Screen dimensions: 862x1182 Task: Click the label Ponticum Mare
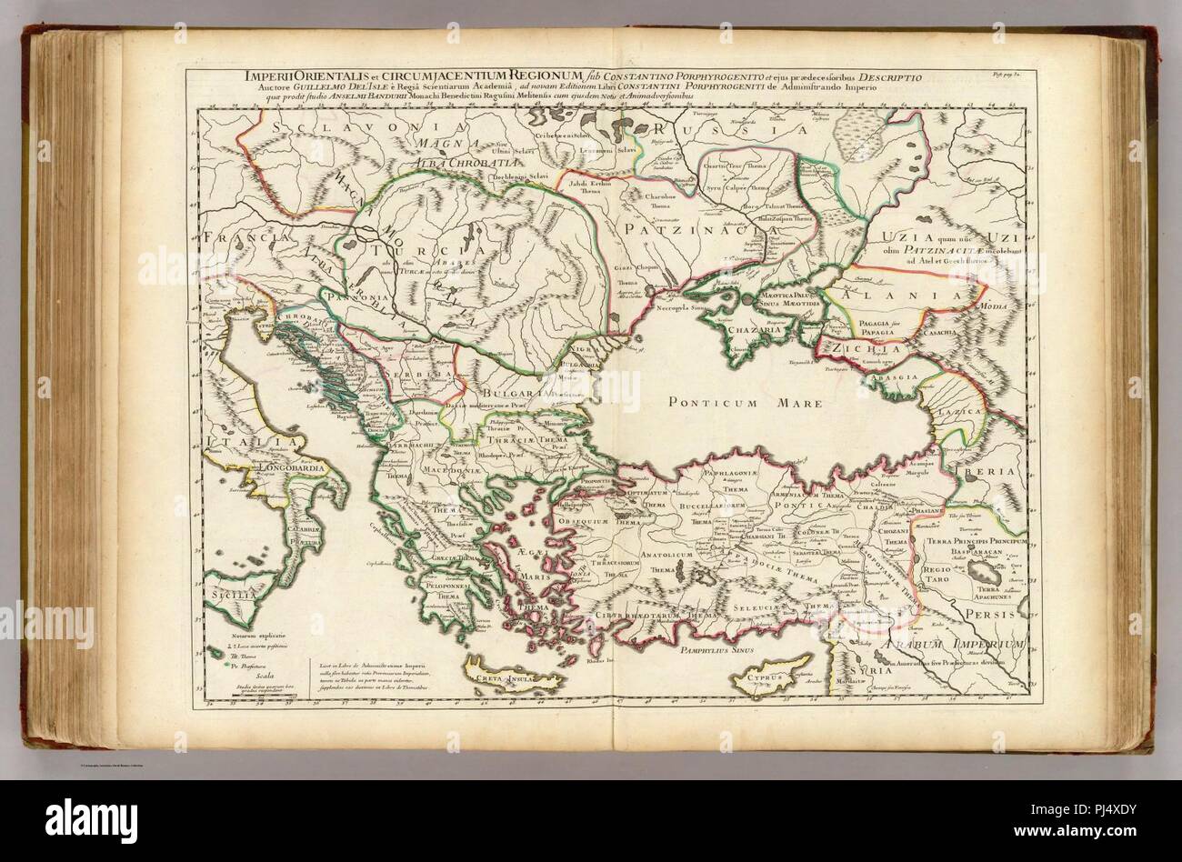click(742, 402)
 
